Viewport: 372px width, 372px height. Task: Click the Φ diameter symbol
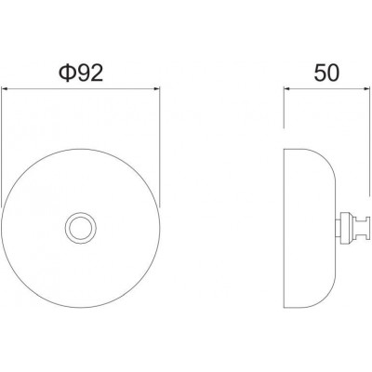click(68, 74)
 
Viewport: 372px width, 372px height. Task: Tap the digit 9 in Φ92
click(83, 74)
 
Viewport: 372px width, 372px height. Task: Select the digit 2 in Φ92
click(97, 74)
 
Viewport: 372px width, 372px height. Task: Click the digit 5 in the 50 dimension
click(320, 73)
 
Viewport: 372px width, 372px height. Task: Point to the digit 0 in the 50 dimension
click(334, 73)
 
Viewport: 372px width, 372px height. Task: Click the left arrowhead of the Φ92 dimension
click(5, 89)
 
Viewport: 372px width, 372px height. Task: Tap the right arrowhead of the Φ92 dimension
click(157, 89)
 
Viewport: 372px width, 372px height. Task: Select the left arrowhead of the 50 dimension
click(286, 89)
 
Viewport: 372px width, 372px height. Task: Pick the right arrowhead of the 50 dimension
click(367, 89)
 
